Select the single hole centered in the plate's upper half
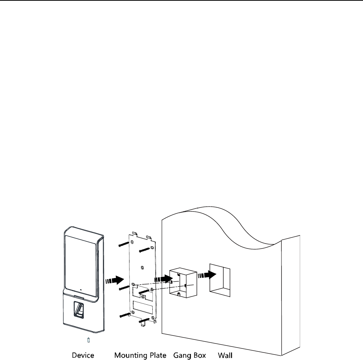tap(141, 267)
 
